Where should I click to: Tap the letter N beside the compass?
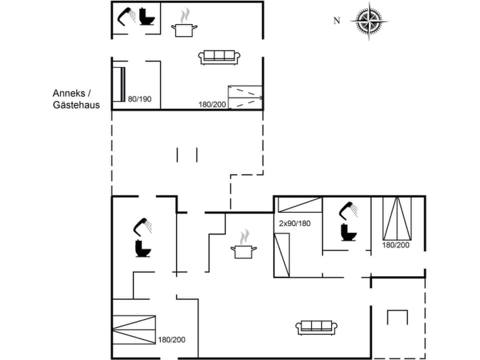[337, 20]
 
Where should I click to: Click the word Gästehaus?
[76, 105]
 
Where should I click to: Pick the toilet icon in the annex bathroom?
[146, 17]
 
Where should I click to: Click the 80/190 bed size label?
[139, 99]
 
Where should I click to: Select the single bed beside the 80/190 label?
[118, 83]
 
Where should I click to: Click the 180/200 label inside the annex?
[212, 104]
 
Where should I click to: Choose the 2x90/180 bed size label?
[294, 223]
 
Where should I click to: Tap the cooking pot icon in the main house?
[243, 251]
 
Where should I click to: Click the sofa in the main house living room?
[315, 327]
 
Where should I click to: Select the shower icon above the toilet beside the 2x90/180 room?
[349, 210]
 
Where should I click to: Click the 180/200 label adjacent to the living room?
[171, 339]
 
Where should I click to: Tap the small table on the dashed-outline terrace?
[398, 318]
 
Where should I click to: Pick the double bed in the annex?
[245, 97]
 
